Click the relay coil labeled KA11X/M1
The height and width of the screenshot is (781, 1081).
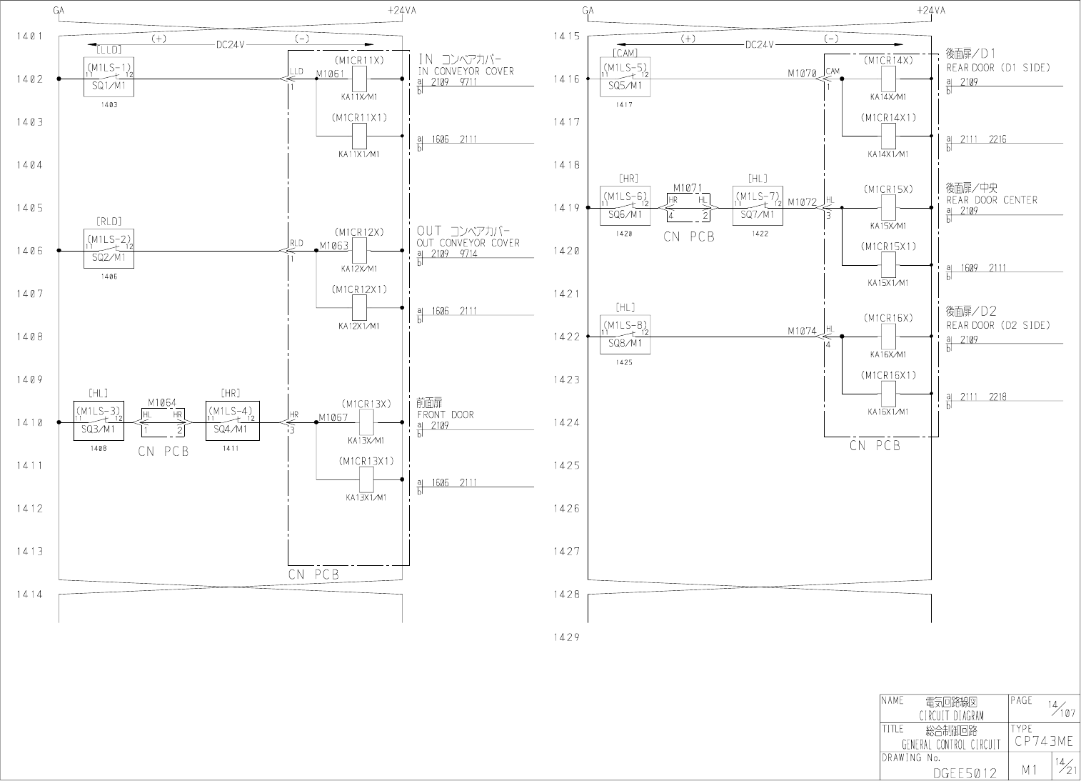pos(360,79)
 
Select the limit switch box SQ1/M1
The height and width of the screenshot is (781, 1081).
pos(109,77)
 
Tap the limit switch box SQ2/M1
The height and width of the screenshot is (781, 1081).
pos(109,249)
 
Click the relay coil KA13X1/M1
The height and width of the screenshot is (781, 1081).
pos(366,479)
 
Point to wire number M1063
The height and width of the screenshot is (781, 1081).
pos(333,245)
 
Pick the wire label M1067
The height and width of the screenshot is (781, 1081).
pos(333,417)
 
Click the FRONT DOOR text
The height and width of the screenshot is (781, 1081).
pos(446,414)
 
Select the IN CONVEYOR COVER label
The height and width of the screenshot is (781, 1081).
pos(466,71)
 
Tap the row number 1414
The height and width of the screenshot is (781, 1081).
pos(29,595)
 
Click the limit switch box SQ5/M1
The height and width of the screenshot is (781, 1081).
pos(625,77)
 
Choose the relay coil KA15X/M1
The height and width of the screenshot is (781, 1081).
pos(888,208)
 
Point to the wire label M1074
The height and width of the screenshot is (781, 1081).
pos(802,331)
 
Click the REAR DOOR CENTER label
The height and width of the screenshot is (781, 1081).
pos(992,200)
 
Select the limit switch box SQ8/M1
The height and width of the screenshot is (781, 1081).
pos(625,335)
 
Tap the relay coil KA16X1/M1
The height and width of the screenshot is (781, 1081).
pos(888,394)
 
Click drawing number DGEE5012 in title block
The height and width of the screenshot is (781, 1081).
pos(965,773)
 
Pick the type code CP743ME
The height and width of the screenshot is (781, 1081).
pos(1043,742)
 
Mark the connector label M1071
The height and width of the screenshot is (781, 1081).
pos(688,189)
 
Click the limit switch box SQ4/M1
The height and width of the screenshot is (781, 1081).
pos(233,421)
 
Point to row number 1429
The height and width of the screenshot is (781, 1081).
pos(567,637)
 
